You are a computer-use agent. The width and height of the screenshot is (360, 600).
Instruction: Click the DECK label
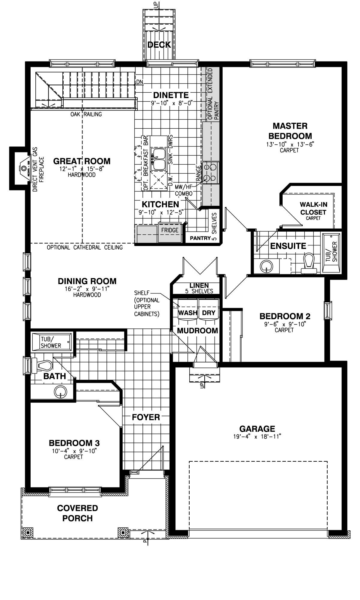coord(159,45)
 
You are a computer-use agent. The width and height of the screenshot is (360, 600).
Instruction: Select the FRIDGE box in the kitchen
coord(170,230)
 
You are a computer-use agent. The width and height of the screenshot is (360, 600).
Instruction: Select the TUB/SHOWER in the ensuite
coord(331,253)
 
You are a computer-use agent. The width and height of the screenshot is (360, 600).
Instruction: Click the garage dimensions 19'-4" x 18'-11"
coord(257,436)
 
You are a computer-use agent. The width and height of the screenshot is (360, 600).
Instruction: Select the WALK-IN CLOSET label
coord(313,209)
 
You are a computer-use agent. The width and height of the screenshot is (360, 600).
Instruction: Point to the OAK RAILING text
coord(86,114)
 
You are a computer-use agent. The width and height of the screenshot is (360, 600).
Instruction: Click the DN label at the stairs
coord(139,82)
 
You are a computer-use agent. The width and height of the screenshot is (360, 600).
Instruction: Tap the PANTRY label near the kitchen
coord(200,238)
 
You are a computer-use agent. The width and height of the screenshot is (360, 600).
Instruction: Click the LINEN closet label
coord(199,286)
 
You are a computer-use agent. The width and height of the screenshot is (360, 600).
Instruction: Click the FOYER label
coord(146,417)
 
